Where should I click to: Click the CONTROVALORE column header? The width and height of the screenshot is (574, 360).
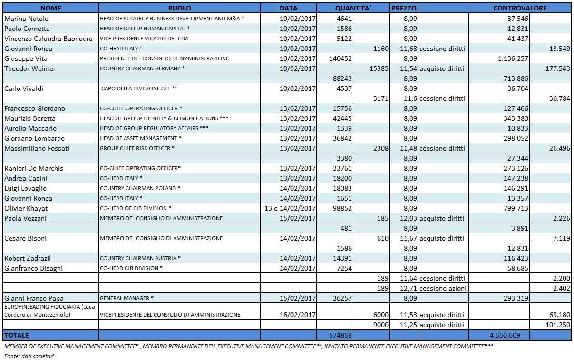pos(520,8)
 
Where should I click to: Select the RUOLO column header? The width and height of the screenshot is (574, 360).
pos(179,8)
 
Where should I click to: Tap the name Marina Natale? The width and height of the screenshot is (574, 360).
pos(26,19)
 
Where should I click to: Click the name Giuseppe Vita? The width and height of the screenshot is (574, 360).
pos(26,58)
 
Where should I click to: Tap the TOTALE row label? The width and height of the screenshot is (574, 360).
pos(17,335)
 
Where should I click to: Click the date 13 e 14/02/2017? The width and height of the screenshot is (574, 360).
pos(290,208)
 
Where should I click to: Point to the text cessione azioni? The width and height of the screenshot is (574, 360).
pos(443,288)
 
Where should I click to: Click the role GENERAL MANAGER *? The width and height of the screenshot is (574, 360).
pos(126,298)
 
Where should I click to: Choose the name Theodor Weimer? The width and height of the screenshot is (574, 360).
pos(30,68)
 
